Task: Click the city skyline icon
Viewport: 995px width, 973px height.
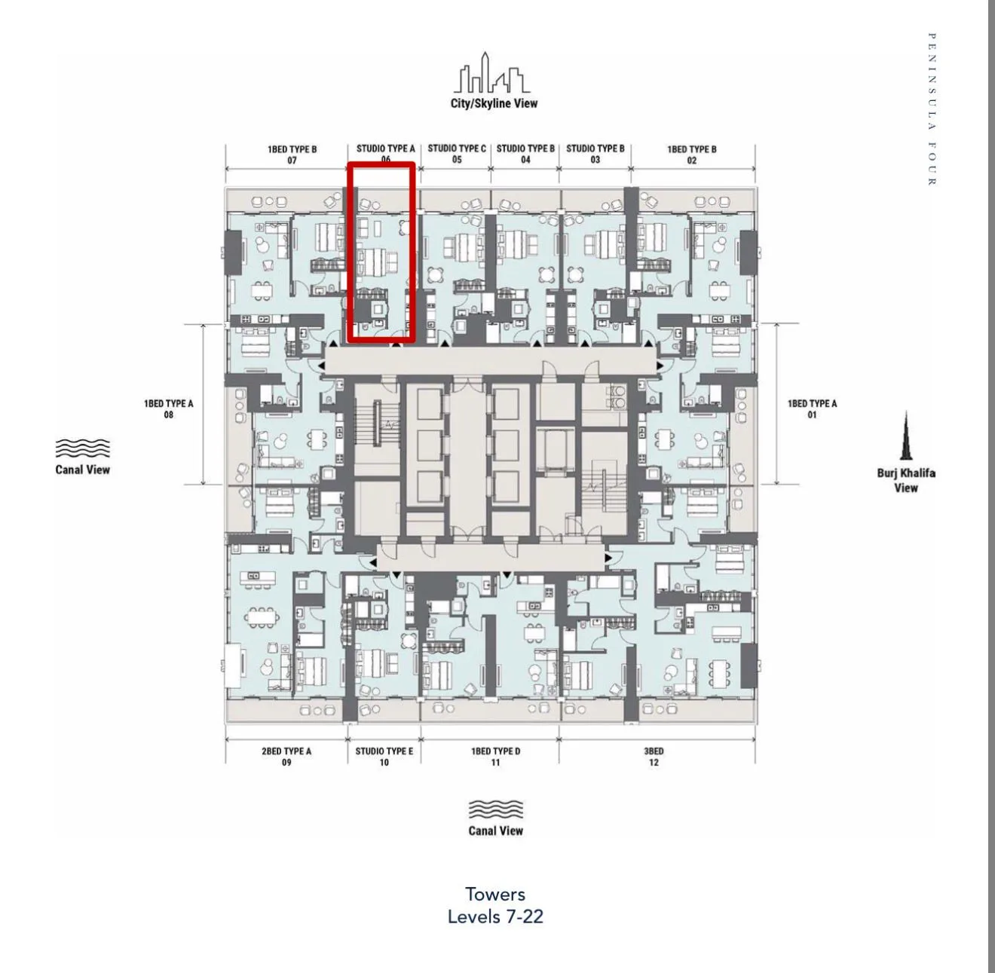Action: tap(492, 72)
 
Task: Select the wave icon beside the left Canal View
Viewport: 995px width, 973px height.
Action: tap(82, 448)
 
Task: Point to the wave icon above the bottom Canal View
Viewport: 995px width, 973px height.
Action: tap(495, 809)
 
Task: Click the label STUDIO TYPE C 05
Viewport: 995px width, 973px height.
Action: tap(457, 154)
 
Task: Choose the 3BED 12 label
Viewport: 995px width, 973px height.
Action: tap(654, 757)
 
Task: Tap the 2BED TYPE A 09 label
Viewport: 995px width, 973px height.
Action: tap(286, 757)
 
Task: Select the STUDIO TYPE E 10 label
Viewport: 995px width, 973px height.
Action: tap(384, 757)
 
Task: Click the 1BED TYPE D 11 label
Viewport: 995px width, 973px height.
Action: tap(495, 757)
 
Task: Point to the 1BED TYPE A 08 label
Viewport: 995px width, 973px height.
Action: tap(169, 409)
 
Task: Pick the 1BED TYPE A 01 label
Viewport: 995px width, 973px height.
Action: tap(812, 409)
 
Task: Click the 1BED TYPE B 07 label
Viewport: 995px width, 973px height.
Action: tap(292, 155)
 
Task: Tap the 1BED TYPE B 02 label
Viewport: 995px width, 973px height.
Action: tap(691, 155)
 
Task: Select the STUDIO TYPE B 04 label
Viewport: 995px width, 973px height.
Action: tap(525, 154)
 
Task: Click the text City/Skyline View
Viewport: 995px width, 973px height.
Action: tap(494, 103)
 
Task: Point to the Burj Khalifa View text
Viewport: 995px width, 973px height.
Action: tap(906, 480)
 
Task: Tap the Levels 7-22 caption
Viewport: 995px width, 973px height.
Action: tap(495, 916)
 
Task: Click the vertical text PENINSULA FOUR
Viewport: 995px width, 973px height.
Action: tap(932, 109)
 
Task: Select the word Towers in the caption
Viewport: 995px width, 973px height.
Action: tap(495, 895)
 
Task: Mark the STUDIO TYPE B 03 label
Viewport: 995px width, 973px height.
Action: tap(595, 154)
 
